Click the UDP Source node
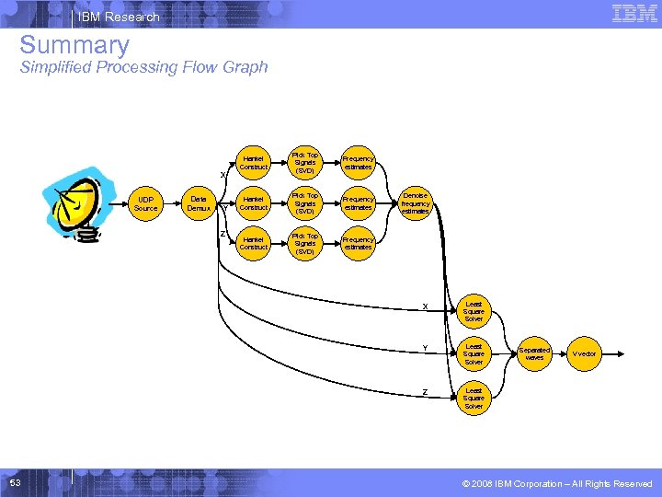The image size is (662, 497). (x=146, y=203)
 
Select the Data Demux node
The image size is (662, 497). (x=199, y=203)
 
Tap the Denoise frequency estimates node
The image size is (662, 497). (x=415, y=203)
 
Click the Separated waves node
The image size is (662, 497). (x=534, y=353)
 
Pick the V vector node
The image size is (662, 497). (x=584, y=353)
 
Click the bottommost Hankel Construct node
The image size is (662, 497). (x=253, y=243)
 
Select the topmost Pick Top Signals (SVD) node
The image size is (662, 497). (x=305, y=162)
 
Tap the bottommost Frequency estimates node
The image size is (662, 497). (x=358, y=243)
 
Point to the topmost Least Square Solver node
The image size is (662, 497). (x=474, y=311)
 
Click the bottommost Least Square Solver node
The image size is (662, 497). (x=474, y=398)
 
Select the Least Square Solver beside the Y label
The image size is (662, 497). (x=474, y=353)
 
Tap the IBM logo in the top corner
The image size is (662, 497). (x=634, y=13)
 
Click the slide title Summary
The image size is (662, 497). (x=74, y=44)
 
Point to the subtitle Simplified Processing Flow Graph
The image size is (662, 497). (x=143, y=67)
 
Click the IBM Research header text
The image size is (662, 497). (x=119, y=17)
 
